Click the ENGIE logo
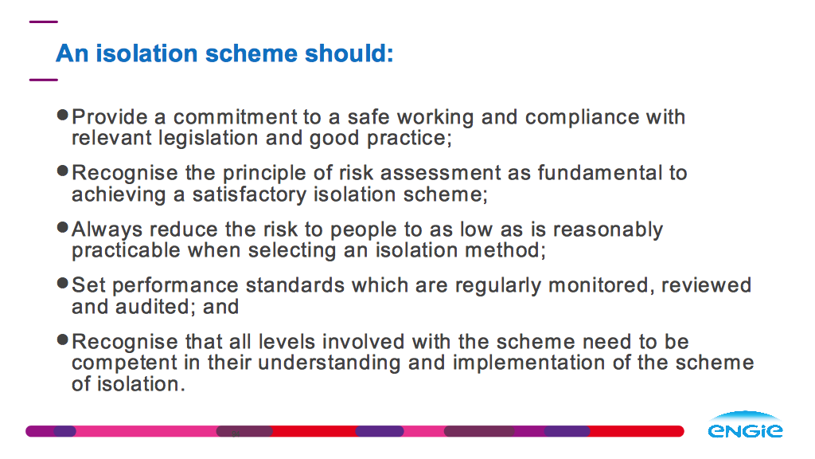pos(745,425)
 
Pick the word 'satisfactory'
pos(249,194)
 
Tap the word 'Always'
pos(107,229)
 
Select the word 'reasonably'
pos(608,229)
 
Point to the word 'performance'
pos(175,286)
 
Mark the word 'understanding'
pos(330,363)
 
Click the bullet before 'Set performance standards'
pos(63,284)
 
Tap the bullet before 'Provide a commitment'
pos(63,115)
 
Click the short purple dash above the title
pos(44,22)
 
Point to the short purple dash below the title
pos(44,80)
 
